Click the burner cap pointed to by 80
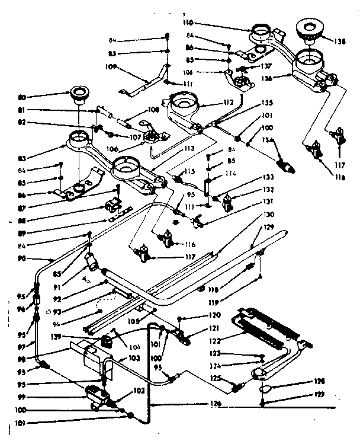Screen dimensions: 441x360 pyautogui.click(x=78, y=92)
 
